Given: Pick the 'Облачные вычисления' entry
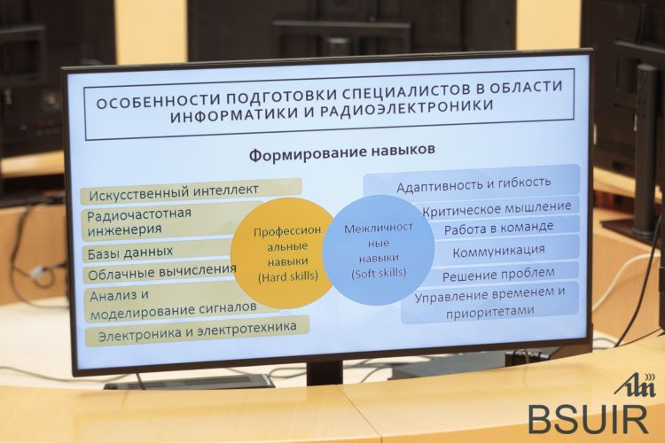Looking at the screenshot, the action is (160, 272).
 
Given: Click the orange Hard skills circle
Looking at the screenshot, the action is (282, 253).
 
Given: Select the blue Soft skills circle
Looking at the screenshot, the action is (379, 251).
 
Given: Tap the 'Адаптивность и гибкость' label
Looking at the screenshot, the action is (473, 183).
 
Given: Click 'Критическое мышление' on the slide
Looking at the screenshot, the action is (497, 208).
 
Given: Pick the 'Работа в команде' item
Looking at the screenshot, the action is (498, 229).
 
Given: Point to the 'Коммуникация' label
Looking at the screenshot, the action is (498, 251).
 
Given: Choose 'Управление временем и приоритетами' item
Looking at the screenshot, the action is (489, 302).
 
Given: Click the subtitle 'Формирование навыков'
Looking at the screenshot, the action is (342, 153).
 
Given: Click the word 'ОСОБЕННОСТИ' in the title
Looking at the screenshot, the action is (156, 101).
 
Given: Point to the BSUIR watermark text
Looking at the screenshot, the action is (588, 419).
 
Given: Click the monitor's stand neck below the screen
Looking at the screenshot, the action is (324, 372).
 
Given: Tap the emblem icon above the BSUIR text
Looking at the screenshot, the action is (635, 385).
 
